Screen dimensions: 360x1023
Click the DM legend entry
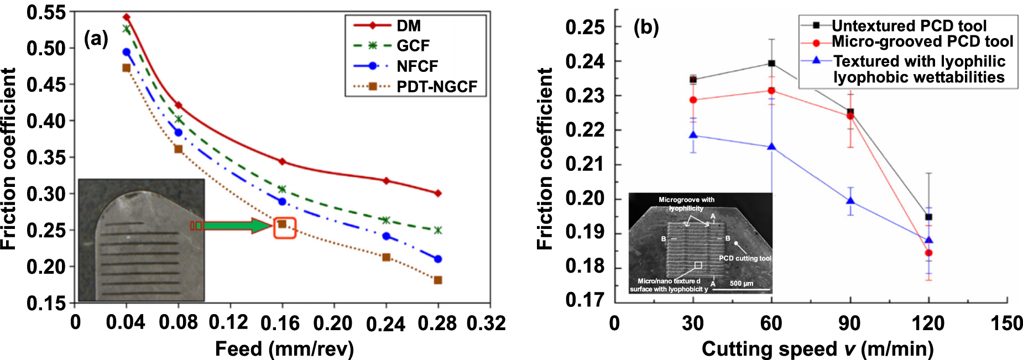pos(408,25)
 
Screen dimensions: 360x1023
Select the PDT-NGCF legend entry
pos(436,87)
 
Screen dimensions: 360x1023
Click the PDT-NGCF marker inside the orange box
pos(282,224)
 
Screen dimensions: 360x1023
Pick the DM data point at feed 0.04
pos(127,17)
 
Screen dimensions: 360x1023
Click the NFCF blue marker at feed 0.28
pos(438,259)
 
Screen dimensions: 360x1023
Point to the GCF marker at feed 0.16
pos(282,189)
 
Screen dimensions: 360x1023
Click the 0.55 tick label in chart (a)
pos(46,12)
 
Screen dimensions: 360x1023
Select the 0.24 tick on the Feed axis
pos(385,324)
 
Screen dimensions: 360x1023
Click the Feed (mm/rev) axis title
pos(284,349)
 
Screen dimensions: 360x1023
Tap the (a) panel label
pos(96,39)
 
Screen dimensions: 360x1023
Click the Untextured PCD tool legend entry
pos(909,25)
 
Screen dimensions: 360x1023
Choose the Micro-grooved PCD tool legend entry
pos(922,41)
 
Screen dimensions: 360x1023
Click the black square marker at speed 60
pos(772,64)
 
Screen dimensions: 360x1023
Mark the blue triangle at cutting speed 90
pos(850,201)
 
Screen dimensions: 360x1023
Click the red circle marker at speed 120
pos(929,253)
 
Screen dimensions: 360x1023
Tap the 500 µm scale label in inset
pos(741,283)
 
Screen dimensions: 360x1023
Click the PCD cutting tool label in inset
pos(744,258)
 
